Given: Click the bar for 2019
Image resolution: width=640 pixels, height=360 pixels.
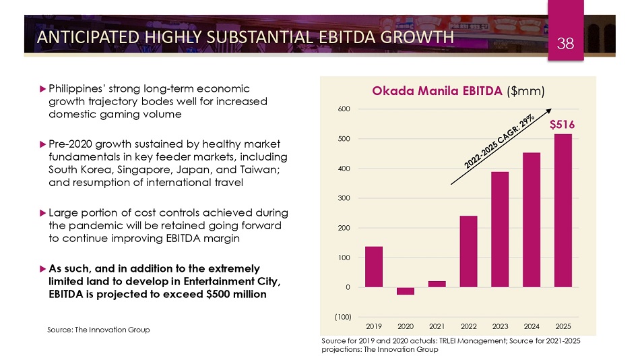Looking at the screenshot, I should tap(374, 267).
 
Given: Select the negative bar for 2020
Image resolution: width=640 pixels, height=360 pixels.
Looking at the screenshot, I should tap(406, 291).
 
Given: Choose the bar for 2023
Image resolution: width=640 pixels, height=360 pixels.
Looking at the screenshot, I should tap(500, 229).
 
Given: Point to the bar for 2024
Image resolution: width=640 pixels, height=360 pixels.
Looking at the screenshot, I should tap(532, 220).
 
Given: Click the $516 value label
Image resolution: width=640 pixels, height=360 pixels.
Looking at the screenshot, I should tap(562, 125).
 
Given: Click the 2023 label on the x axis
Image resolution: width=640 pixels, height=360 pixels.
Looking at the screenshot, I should tap(500, 327).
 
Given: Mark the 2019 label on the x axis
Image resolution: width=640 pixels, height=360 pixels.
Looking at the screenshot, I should tap(374, 327).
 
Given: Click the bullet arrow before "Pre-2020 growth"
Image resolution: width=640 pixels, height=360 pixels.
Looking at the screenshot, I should tap(42, 144).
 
